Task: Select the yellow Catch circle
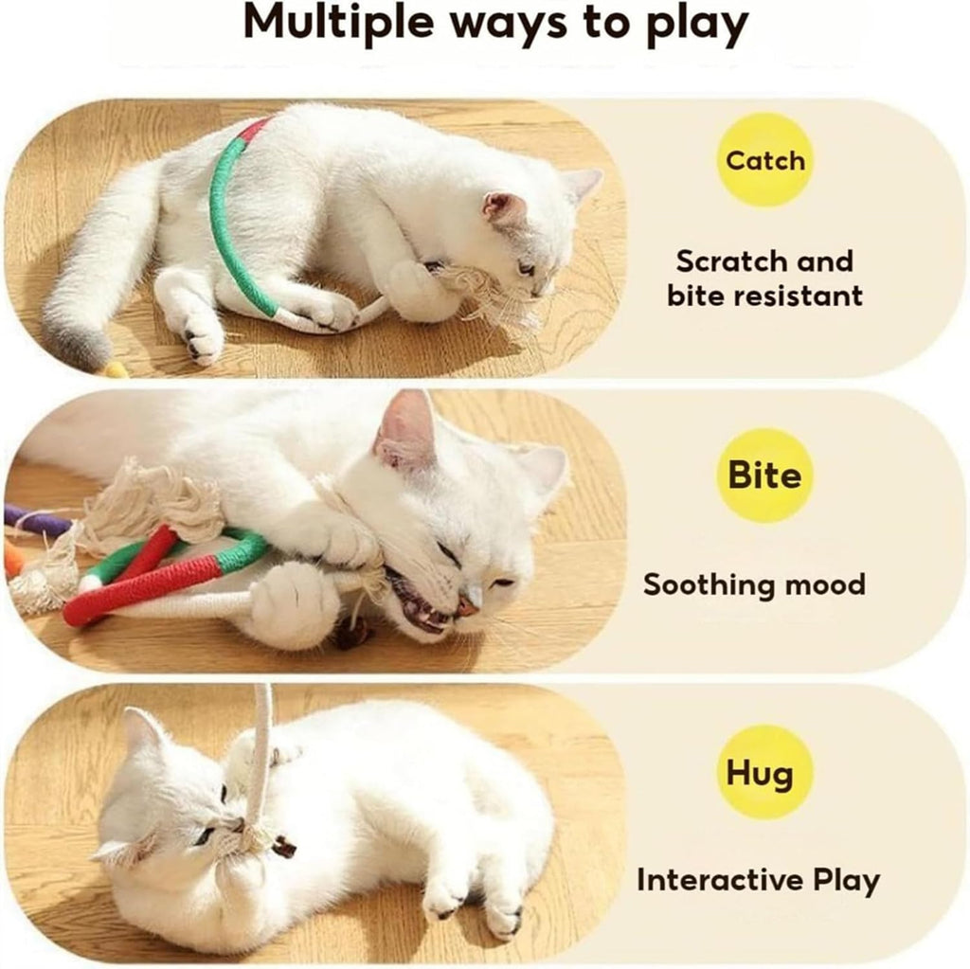(x=764, y=160)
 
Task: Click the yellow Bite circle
(x=764, y=475)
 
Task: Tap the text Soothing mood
(x=754, y=584)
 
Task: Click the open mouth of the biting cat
(x=422, y=606)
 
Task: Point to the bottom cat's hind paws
(x=474, y=905)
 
